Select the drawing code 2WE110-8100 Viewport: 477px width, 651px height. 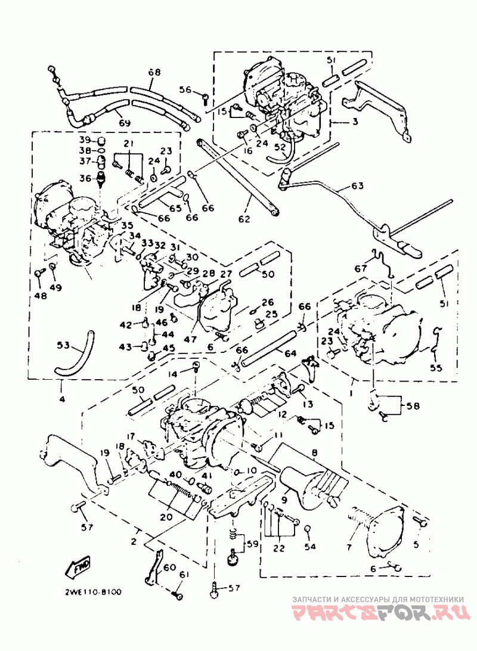(x=93, y=592)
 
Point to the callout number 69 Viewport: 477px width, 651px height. (x=124, y=123)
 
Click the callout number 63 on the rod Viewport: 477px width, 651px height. (x=357, y=186)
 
